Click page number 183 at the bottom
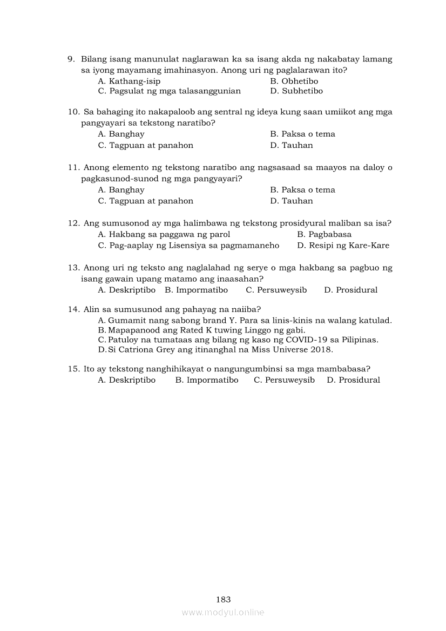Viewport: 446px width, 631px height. (223, 599)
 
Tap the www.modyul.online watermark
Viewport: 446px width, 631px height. (223, 612)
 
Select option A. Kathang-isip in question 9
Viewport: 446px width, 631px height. (129, 81)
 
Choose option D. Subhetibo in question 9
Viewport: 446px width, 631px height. (296, 91)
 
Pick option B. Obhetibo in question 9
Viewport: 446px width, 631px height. (294, 81)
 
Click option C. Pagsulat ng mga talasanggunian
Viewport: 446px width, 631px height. (169, 91)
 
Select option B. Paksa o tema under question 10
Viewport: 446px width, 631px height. (302, 134)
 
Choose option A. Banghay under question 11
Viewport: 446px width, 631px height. (121, 189)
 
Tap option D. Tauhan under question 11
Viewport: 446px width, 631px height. (292, 201)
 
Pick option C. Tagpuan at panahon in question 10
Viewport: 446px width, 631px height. (145, 145)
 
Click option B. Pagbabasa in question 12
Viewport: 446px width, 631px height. (324, 234)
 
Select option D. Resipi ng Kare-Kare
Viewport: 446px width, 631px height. (343, 246)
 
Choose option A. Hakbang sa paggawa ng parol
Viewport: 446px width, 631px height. (164, 234)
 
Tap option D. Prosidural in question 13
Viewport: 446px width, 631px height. (350, 290)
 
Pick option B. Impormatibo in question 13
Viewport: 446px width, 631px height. (196, 290)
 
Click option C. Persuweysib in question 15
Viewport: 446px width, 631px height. (284, 380)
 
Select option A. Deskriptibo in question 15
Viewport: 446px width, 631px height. (126, 380)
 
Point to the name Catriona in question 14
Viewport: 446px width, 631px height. (143, 349)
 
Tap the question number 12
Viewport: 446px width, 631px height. (73, 223)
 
